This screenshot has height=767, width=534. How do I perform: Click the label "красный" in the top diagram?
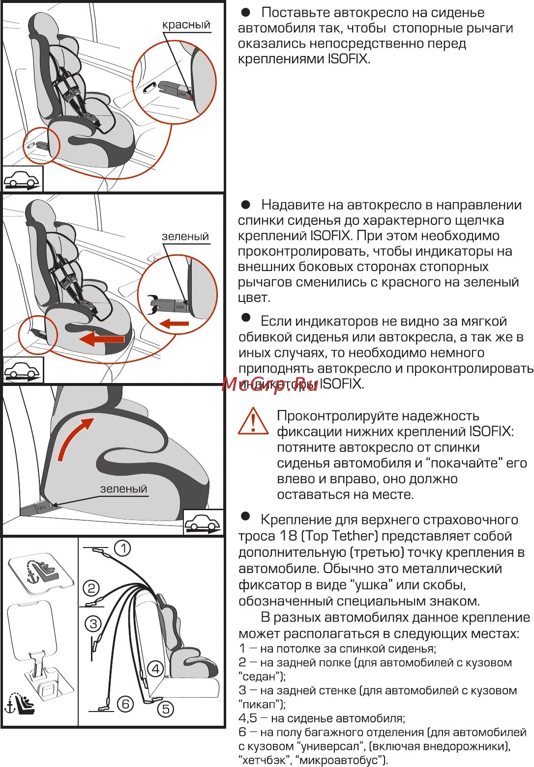(x=186, y=25)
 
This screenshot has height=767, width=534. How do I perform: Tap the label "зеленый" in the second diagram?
(x=185, y=236)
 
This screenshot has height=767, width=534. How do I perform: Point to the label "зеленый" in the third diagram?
(x=123, y=489)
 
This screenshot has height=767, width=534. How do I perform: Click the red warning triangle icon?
(x=253, y=421)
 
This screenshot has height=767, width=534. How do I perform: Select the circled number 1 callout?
(x=122, y=548)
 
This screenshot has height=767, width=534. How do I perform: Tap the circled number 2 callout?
(x=91, y=588)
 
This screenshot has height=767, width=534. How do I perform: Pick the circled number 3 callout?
(x=93, y=624)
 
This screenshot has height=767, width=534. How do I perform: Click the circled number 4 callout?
(x=156, y=668)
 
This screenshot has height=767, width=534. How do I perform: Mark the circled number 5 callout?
(x=166, y=709)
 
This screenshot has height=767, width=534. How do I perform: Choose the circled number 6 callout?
(x=125, y=704)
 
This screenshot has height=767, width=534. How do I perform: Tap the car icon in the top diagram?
(x=22, y=179)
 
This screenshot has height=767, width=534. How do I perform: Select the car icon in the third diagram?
(x=203, y=523)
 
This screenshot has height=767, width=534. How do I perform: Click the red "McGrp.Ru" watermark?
(x=270, y=384)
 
